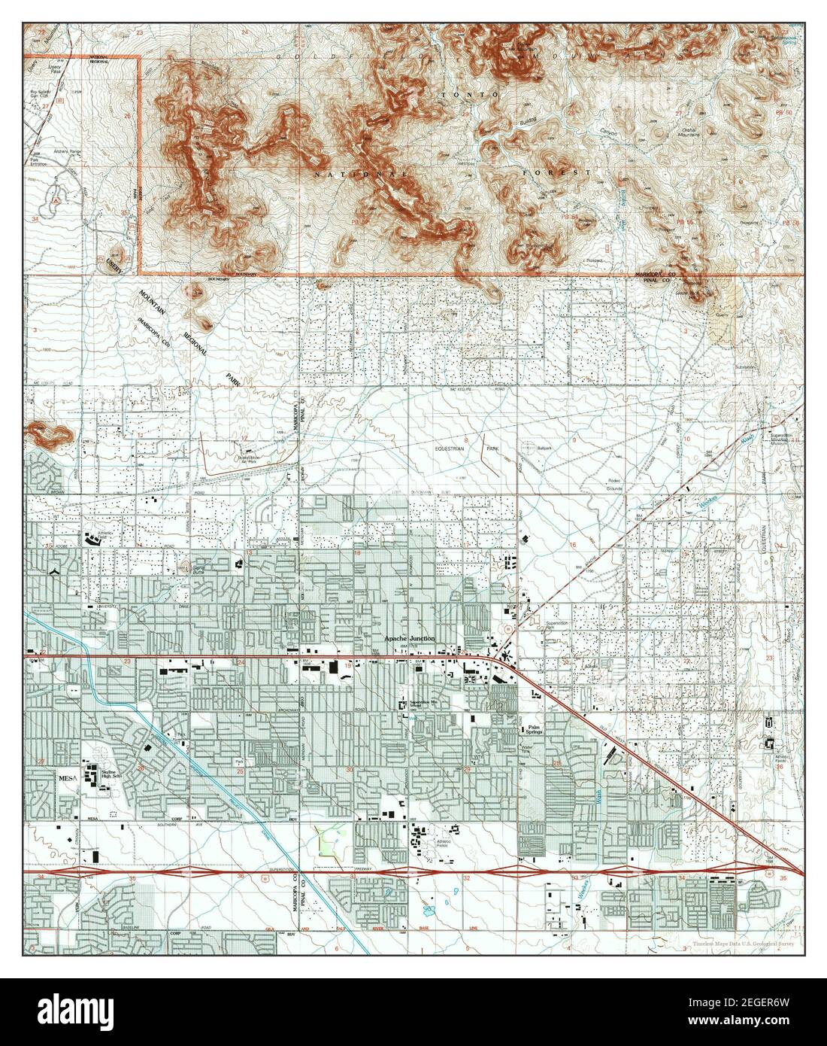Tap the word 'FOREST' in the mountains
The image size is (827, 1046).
556,172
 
